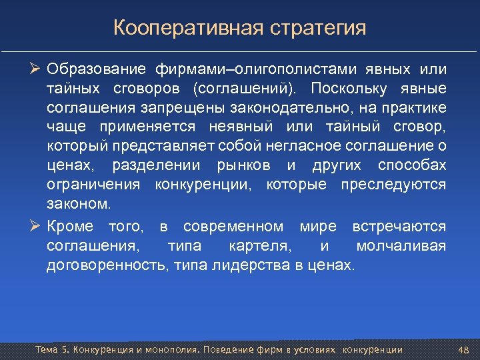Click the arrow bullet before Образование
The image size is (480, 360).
pos(36,69)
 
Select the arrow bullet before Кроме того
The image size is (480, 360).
pos(36,227)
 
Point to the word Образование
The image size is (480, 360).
pos(96,69)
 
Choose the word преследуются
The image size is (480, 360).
pos(393,184)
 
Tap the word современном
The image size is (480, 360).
pos(233,227)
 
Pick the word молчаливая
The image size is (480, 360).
pos(401,246)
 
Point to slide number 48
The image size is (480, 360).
pos(465,350)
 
